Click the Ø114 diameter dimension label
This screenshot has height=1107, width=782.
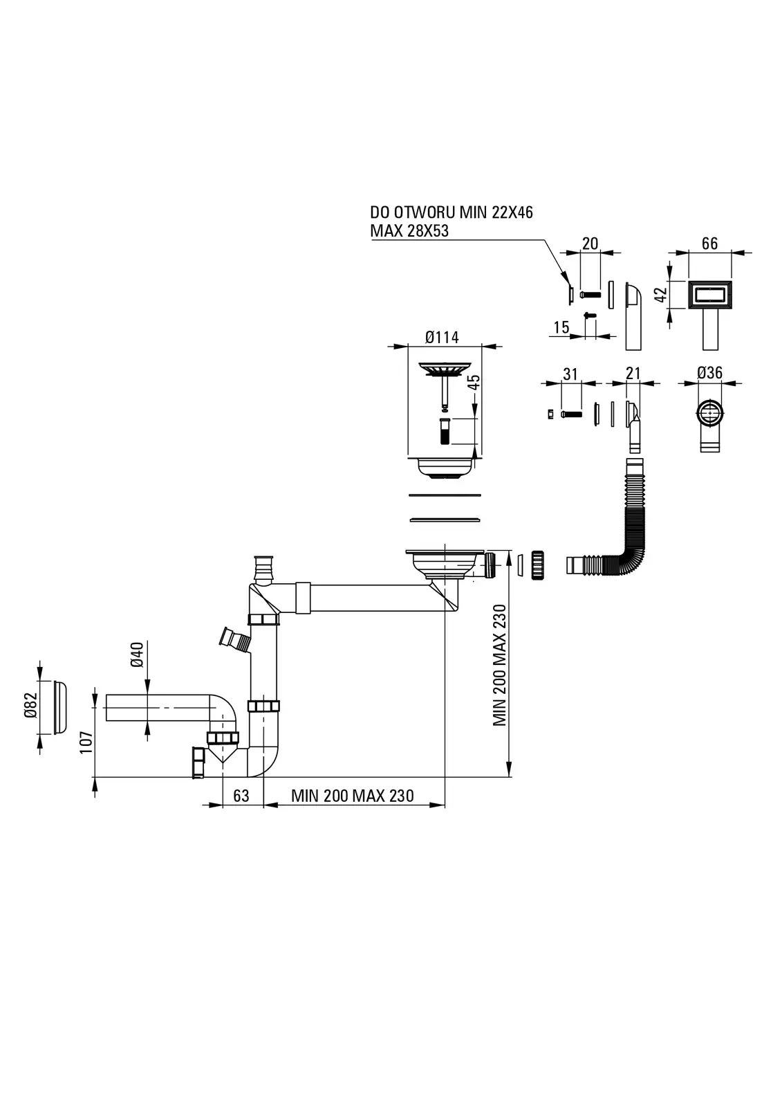442,337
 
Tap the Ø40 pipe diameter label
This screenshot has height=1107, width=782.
137,655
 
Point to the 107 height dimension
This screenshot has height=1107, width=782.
86,742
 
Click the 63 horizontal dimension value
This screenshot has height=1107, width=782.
241,796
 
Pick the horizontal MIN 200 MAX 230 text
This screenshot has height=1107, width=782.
352,796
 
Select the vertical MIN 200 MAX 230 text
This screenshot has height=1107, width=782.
499,665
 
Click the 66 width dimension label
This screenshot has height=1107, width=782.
709,244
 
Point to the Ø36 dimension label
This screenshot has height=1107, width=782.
709,373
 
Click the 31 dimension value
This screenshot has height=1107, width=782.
570,374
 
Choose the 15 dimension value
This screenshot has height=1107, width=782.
561,327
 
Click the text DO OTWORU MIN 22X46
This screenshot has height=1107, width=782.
451,212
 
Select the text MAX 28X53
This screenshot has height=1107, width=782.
409,231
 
